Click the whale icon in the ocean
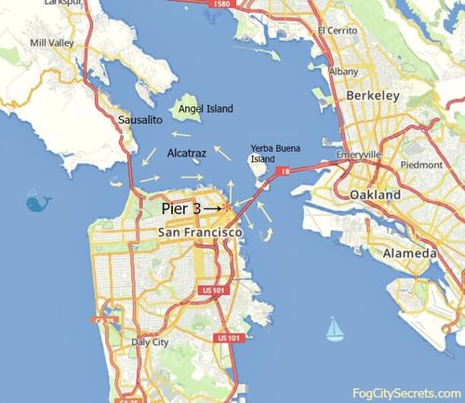38,201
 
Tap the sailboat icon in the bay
334,328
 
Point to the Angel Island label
206,109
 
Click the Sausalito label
141,121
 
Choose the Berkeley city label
371,96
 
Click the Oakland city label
375,195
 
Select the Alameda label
382,253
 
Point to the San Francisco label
200,231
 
